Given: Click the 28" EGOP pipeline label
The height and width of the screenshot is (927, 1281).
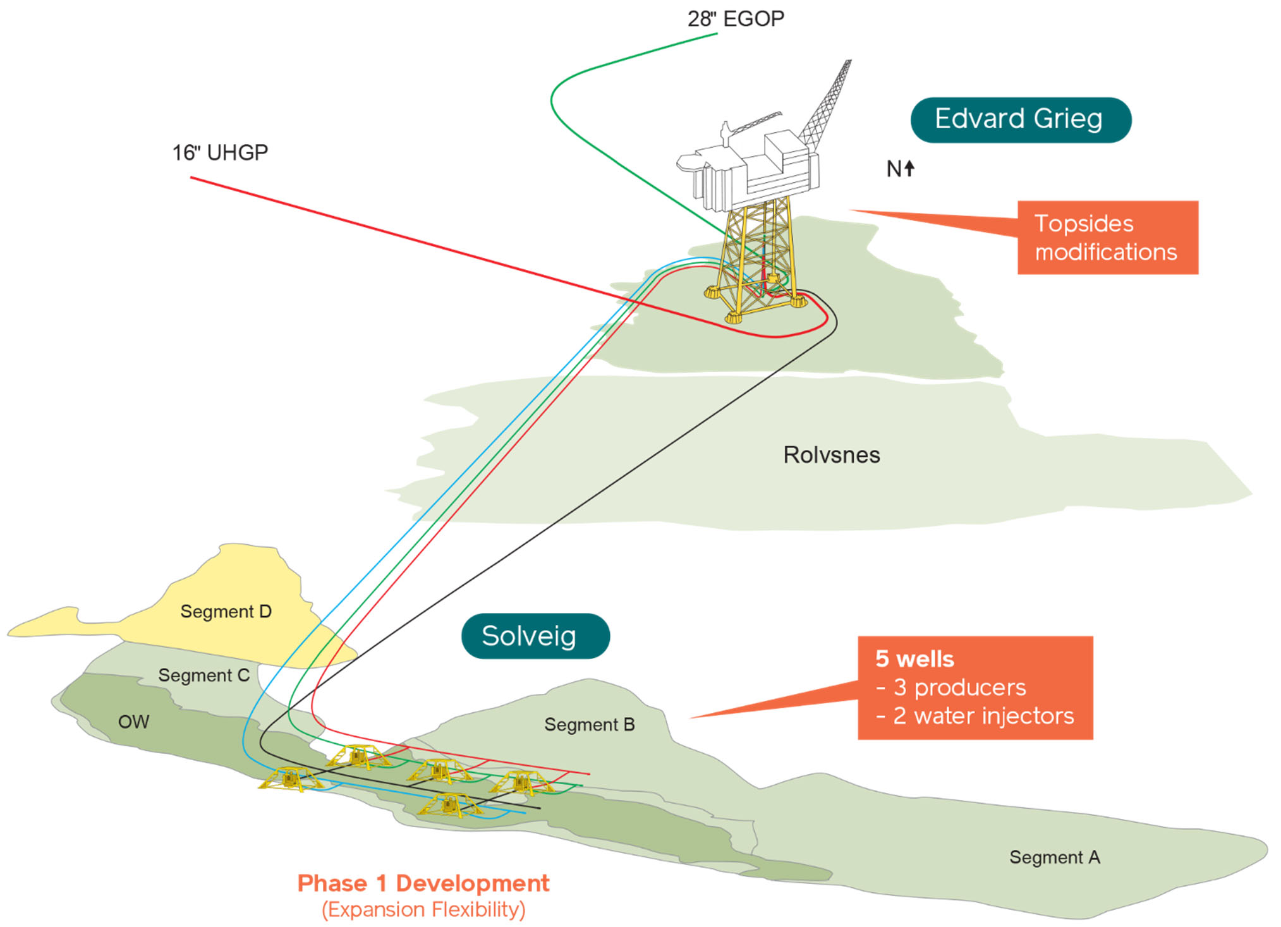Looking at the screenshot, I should pyautogui.click(x=736, y=19).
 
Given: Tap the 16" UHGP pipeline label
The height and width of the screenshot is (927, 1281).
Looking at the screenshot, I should pyautogui.click(x=220, y=152).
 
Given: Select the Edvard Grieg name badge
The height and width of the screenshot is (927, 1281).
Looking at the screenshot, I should pyautogui.click(x=1020, y=119).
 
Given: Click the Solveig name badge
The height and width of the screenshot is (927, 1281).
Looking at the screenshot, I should pyautogui.click(x=535, y=636).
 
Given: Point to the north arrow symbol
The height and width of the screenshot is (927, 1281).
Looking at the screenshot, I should pyautogui.click(x=909, y=168).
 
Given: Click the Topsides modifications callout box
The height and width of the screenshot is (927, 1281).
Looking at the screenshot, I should pyautogui.click(x=1107, y=238).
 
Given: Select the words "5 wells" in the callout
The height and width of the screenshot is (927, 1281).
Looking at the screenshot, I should pyautogui.click(x=914, y=659).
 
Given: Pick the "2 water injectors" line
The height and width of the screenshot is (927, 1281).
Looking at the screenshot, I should pyautogui.click(x=974, y=716).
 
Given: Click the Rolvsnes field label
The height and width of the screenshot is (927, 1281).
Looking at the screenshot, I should pyautogui.click(x=831, y=455).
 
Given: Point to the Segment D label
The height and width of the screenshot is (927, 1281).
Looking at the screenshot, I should pyautogui.click(x=226, y=612).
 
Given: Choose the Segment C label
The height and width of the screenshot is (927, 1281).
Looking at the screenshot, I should pyautogui.click(x=203, y=676).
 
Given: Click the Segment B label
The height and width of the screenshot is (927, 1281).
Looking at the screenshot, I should pyautogui.click(x=589, y=725).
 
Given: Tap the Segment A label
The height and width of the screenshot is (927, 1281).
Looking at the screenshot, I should pyautogui.click(x=1054, y=857).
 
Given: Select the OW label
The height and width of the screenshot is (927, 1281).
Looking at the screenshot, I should pyautogui.click(x=133, y=722).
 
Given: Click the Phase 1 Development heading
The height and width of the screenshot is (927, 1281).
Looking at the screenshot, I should pyautogui.click(x=423, y=883).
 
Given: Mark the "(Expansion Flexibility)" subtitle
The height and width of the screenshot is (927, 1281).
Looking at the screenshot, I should pyautogui.click(x=423, y=910).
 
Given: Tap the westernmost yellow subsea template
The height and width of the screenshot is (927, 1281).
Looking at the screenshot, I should pyautogui.click(x=290, y=779).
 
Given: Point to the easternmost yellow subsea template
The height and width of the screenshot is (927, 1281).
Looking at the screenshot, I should pyautogui.click(x=522, y=782).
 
